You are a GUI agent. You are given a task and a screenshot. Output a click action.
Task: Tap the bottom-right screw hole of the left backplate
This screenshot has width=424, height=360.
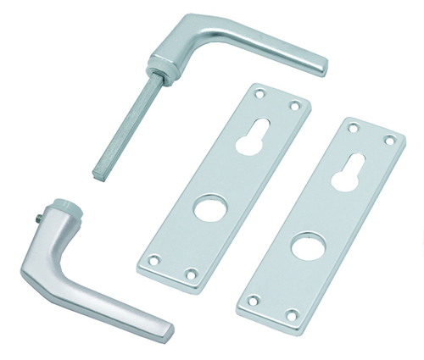pyautogui.click(x=192, y=274)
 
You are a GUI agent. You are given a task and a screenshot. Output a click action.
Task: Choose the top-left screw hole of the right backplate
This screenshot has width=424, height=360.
pyautogui.click(x=354, y=127)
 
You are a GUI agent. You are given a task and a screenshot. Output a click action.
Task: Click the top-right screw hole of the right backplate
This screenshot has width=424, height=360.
pyautogui.click(x=390, y=140)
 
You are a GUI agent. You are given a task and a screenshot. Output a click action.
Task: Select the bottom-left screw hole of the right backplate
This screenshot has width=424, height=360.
pyautogui.click(x=252, y=300)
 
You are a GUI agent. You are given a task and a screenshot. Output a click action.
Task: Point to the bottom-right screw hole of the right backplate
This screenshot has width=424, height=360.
pyautogui.click(x=290, y=315)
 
